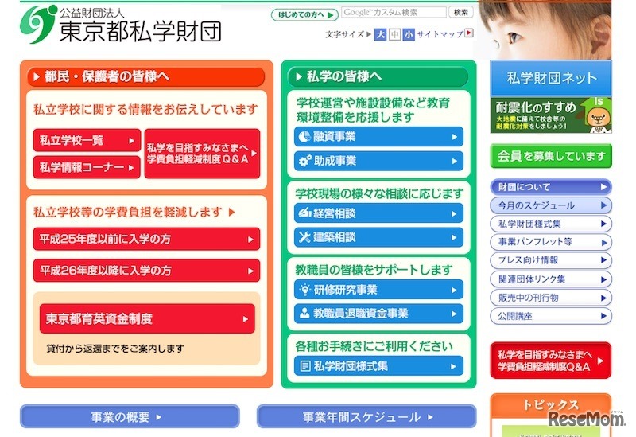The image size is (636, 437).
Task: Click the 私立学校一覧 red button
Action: click(87, 140)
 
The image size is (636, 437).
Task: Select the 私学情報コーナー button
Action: click(87, 167)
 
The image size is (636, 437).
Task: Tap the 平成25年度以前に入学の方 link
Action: click(146, 239)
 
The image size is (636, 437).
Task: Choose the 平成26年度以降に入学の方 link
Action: click(146, 271)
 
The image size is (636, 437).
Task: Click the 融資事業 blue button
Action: click(378, 137)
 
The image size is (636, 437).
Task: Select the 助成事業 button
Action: click(378, 161)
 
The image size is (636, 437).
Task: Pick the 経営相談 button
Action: click(378, 213)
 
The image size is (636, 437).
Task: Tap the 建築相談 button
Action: click(378, 237)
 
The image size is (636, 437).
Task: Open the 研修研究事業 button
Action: click(378, 290)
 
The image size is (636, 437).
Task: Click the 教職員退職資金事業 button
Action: click(378, 314)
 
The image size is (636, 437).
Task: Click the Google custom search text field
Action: click(394, 13)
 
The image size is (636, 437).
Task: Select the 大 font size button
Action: click(381, 34)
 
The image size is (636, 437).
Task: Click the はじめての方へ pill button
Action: click(304, 14)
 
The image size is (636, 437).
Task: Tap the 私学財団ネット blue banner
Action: click(551, 78)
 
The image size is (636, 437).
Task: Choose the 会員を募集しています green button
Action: click(551, 156)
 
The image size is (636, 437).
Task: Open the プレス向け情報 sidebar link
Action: click(551, 260)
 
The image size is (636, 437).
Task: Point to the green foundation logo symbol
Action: click(38, 25)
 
